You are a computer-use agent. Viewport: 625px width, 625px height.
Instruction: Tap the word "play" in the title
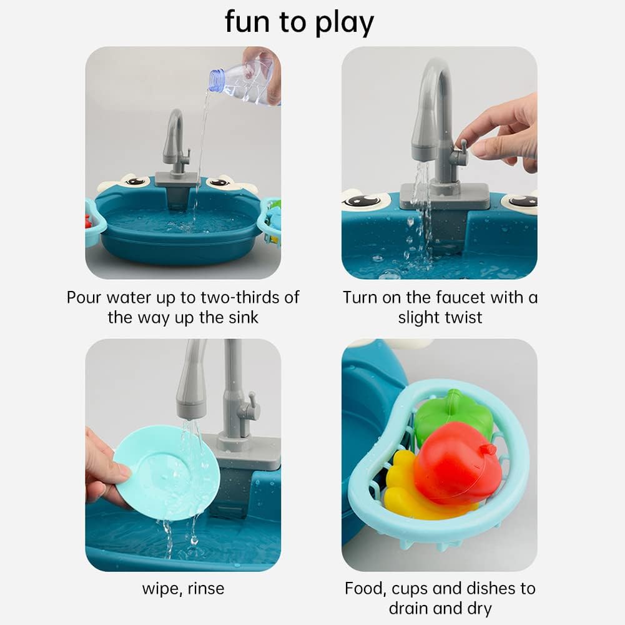tap(345, 23)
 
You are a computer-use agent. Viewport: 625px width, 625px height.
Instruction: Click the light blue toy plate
tap(167, 473)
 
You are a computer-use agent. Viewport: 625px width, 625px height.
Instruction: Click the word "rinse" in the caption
tap(206, 589)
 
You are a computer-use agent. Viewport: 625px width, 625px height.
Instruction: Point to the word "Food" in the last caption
tap(365, 589)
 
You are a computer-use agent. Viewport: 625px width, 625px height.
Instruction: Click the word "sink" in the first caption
tap(244, 318)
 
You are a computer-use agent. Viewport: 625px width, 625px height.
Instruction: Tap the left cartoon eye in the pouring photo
tap(136, 182)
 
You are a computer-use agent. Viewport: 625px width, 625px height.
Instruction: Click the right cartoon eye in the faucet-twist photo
tap(522, 200)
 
